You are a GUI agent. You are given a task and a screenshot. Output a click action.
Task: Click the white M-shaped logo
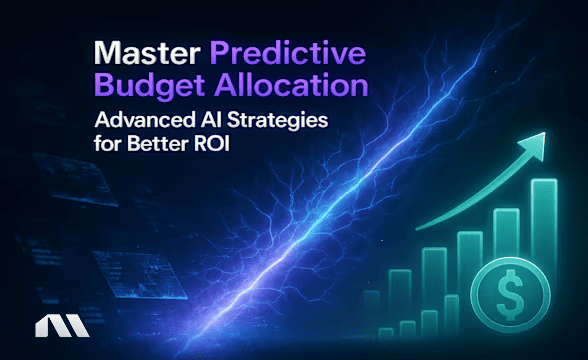pos(48,328)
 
